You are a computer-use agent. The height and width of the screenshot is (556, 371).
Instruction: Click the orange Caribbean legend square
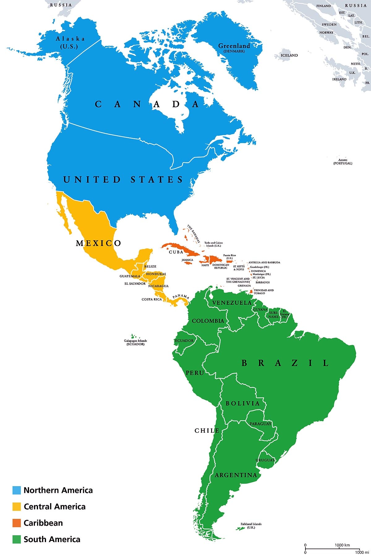pos(16,523)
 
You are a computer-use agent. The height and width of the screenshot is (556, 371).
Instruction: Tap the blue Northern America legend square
pos(16,490)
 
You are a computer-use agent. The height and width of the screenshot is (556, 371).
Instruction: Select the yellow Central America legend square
pos(16,507)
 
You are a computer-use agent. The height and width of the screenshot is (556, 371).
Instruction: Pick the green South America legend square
pos(16,539)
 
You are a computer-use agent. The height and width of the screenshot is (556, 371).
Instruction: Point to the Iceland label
pos(289,55)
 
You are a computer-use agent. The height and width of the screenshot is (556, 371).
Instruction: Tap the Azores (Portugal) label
pos(343,162)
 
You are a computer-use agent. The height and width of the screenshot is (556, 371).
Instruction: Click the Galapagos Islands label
pos(135,342)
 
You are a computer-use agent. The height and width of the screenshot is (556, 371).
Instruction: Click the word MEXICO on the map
pos(98,243)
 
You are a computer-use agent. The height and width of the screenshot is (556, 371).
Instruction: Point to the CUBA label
pos(176,252)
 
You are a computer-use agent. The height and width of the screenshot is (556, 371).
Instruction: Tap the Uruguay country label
pos(265,460)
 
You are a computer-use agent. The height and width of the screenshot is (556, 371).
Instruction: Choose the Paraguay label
pos(260,424)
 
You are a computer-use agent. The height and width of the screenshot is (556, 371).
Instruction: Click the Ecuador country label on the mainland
pos(184,341)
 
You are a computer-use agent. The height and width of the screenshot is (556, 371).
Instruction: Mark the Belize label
pos(150,266)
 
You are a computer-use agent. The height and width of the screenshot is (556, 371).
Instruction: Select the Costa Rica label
pos(151,299)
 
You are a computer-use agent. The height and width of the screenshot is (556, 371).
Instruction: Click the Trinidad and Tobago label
pos(263,291)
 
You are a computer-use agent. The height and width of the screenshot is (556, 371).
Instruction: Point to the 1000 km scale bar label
pos(342,545)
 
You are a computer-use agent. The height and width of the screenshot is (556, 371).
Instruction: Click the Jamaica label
pos(187,260)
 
